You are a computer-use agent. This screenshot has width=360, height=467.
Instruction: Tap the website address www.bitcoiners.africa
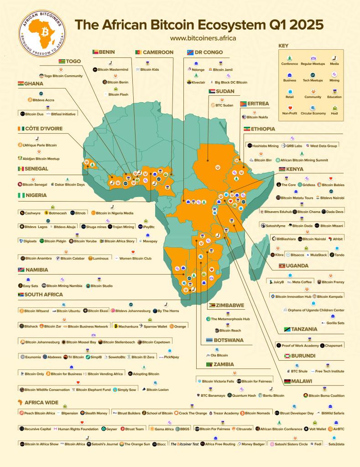(203, 38)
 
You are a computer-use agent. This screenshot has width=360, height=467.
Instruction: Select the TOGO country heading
(70, 61)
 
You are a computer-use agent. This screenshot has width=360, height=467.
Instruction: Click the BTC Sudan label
(222, 105)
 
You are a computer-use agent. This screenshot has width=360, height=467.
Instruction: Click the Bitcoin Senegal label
(32, 184)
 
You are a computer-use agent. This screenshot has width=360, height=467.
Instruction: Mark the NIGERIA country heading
(33, 195)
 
